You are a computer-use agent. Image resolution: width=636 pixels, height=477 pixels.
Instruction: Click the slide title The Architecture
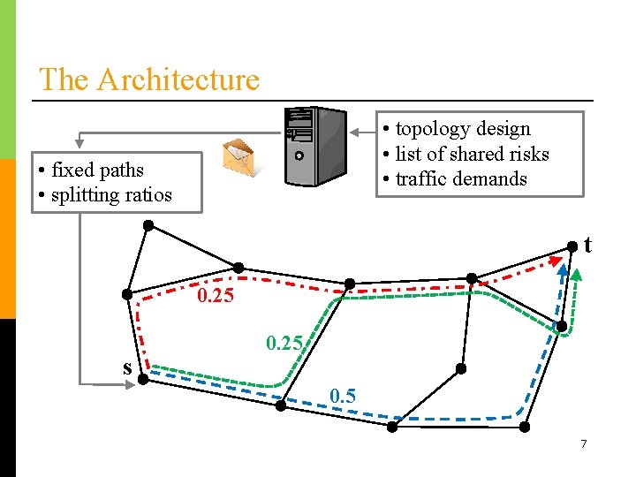coord(149,79)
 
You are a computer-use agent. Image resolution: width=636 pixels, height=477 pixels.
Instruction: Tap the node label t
coord(587,245)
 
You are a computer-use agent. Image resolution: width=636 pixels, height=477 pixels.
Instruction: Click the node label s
coord(127,367)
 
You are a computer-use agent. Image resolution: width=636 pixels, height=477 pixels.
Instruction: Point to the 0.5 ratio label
coord(343,396)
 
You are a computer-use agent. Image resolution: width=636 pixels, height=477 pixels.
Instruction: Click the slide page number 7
coord(583,443)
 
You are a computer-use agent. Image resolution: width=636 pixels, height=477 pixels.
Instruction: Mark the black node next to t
coord(572,245)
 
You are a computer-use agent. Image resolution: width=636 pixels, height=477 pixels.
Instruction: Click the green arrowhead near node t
coord(577,273)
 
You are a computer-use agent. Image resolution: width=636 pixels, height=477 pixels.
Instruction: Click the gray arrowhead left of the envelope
coord(79,140)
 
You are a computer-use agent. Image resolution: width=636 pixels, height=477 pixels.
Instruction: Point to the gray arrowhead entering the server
coord(355,133)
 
